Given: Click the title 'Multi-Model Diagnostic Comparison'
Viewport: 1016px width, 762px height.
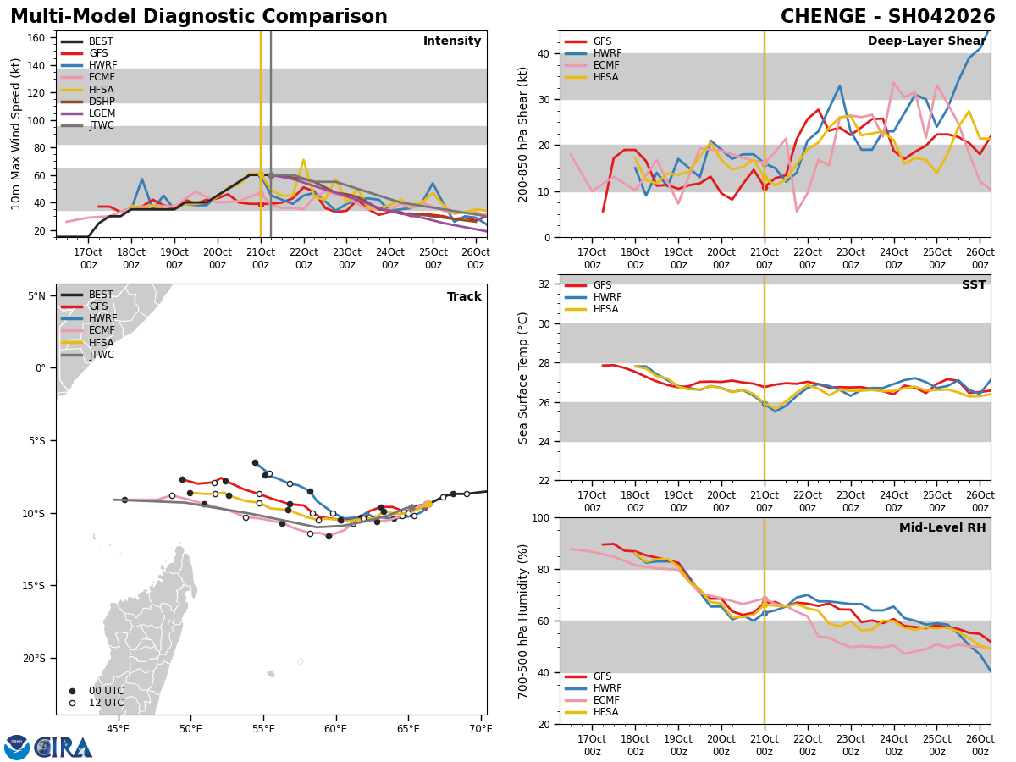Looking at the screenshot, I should pos(199,17).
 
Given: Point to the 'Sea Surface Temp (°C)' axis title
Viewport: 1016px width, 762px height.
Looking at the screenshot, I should pos(523,378).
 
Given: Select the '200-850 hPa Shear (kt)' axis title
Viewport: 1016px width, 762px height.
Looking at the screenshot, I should pos(523,134).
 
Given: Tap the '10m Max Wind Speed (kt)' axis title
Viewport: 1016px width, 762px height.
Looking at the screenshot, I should pos(16,134).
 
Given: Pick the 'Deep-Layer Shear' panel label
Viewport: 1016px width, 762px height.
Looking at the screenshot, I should pos(926,41).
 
